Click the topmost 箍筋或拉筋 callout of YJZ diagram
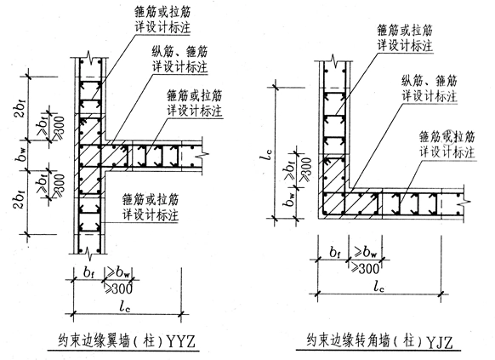click(407, 36)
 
